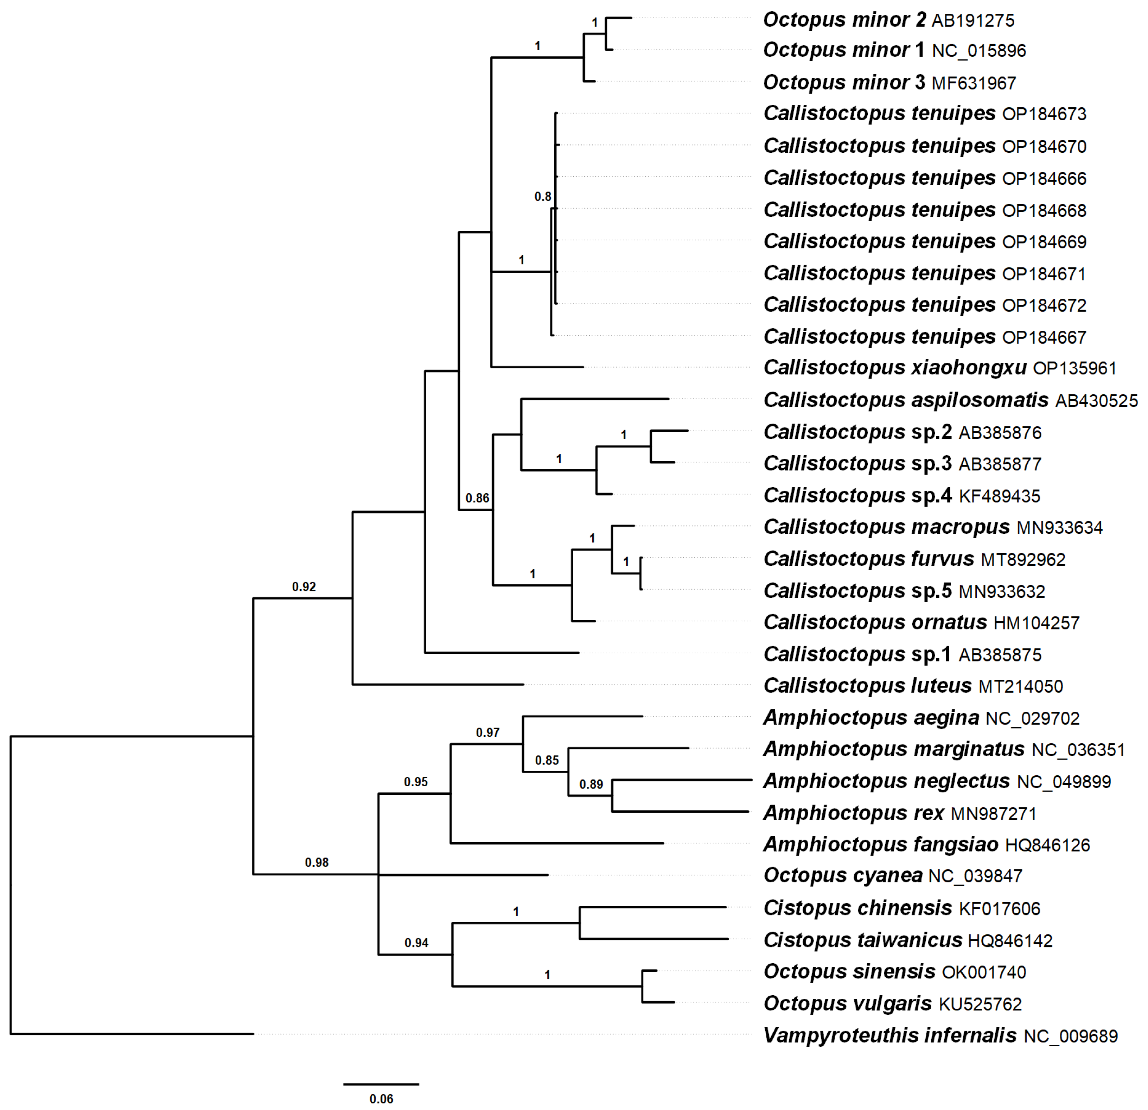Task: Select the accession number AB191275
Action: click(x=973, y=20)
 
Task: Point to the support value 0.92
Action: click(x=304, y=586)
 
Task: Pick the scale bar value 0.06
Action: click(x=381, y=1098)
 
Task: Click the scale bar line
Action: click(x=381, y=1084)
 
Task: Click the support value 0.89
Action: click(x=591, y=784)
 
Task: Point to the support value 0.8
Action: click(x=542, y=197)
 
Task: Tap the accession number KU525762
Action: click(x=980, y=1004)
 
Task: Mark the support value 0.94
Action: click(x=416, y=943)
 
